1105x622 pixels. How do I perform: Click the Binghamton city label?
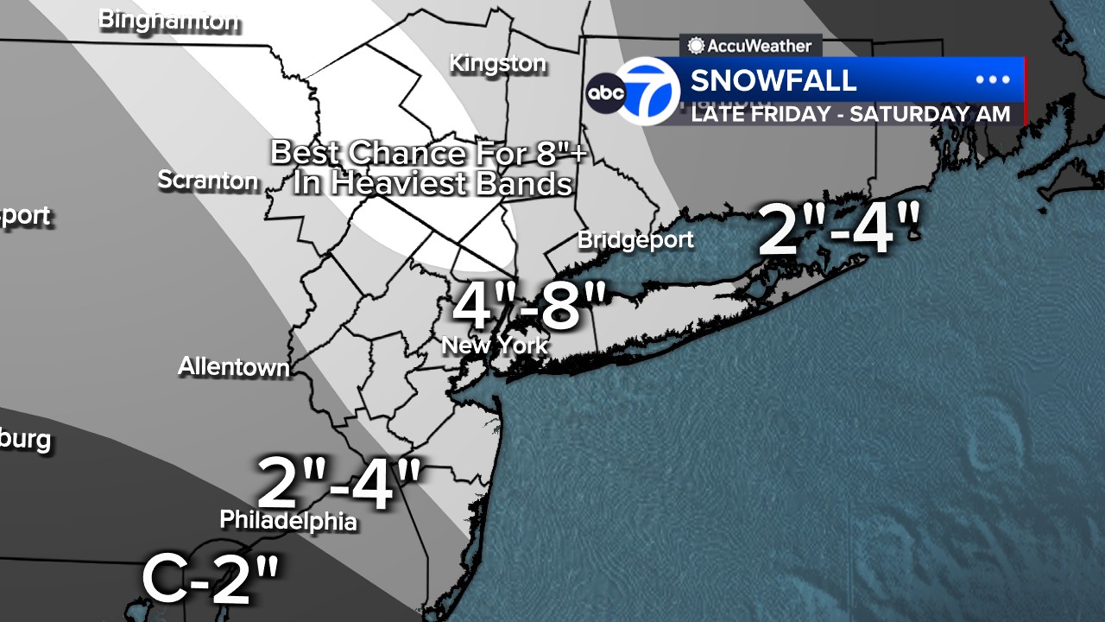pos(169,20)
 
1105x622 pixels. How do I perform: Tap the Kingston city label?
pos(498,63)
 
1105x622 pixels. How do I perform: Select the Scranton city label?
pos(207,181)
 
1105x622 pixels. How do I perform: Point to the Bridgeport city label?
pos(635,239)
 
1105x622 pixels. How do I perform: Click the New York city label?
pos(494,346)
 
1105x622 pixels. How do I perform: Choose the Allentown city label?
pos(233,366)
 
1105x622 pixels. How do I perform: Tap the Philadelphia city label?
pos(287,520)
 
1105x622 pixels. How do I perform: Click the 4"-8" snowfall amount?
pos(530,306)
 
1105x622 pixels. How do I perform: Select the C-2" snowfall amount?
pos(211,580)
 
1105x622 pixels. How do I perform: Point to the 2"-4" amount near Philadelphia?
pos(338,482)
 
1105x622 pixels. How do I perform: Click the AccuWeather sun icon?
pos(696,46)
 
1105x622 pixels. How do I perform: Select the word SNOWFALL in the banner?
pos(773,80)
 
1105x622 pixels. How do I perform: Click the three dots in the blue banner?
pos(992,80)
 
